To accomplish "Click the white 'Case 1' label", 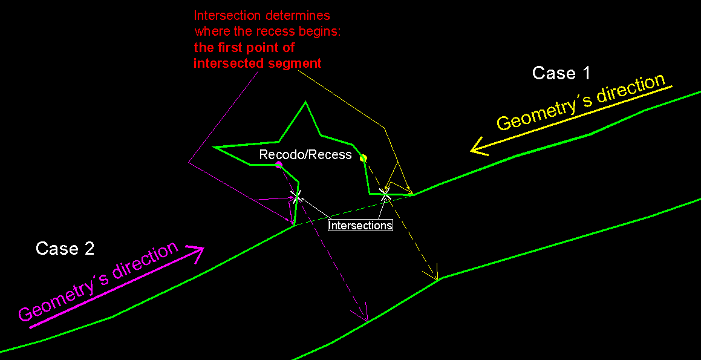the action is (561, 73).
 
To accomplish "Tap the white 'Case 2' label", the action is (65, 248).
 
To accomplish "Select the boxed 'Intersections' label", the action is (360, 224).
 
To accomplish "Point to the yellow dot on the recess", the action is (364, 158).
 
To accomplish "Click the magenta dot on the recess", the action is (279, 165).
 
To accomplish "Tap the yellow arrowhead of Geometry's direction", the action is (477, 147).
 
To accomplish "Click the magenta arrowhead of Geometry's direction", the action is (196, 253).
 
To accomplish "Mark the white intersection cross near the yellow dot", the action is (385, 194).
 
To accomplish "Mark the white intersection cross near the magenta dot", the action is (296, 197).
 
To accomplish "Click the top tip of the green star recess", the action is (306, 102).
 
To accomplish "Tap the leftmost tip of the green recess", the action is (215, 146).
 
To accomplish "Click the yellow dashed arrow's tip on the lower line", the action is (437, 278).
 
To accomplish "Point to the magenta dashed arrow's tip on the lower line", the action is (367, 321).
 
